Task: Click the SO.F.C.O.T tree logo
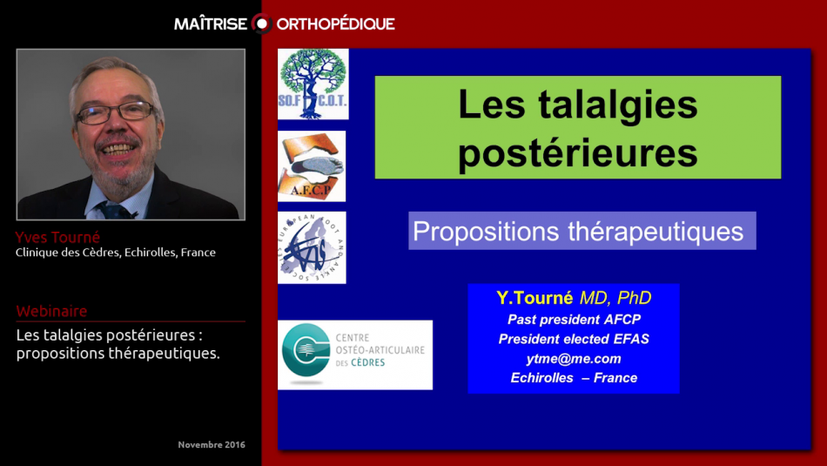pos(313,84)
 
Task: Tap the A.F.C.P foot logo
pos(312,166)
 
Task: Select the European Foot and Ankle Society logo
pos(312,247)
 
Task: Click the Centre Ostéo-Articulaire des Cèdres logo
pos(354,355)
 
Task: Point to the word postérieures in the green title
pos(577,152)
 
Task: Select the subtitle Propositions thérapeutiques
pos(578,231)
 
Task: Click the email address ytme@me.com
pos(573,358)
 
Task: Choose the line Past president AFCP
pos(573,320)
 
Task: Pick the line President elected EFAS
pos(573,339)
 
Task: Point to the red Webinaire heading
pos(51,311)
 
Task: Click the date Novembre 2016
pos(211,444)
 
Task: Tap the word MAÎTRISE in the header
pos(211,24)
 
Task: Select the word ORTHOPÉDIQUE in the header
pos(335,24)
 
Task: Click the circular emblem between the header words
pos(261,24)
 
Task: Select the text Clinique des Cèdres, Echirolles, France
pos(116,253)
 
